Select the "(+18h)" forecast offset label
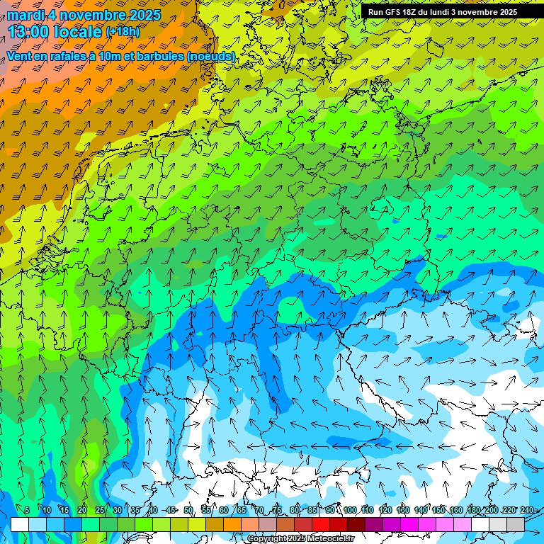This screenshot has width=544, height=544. coord(123,31)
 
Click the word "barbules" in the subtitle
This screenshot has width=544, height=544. coord(150,56)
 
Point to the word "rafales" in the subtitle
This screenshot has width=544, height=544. coord(64,56)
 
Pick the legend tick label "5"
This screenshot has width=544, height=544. coord(27,510)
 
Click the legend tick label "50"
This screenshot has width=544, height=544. coord(188,510)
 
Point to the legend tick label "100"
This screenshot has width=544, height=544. coord(350,510)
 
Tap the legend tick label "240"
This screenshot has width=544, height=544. coord(527,510)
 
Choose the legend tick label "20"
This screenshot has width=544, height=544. coord(82,510)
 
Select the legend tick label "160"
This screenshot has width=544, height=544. coord(456,510)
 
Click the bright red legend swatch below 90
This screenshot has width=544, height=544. coord(321,524)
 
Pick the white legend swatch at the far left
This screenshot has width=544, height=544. coord(20,524)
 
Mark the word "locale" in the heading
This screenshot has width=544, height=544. coord(76,31)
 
